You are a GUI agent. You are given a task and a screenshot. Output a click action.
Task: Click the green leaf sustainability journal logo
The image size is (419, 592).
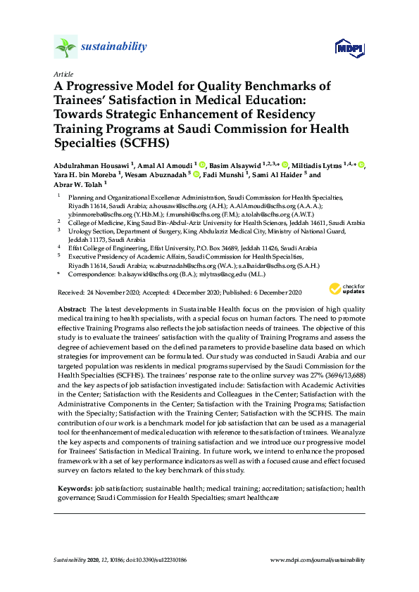65,47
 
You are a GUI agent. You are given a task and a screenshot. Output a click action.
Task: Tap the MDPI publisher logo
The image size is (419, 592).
349,48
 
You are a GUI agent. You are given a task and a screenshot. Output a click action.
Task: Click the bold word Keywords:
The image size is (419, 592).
74,488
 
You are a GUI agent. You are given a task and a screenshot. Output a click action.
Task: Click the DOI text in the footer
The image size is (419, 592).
151,560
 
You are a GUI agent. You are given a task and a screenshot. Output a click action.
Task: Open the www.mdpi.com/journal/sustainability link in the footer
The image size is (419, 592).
318,560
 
